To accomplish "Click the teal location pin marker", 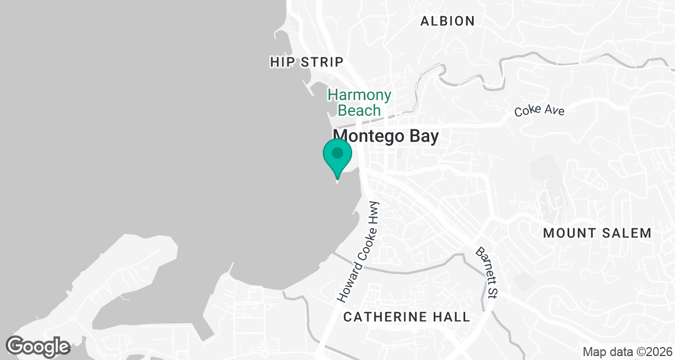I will [x=337, y=158].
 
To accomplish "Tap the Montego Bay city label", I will [x=385, y=137].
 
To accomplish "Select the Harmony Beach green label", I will [x=359, y=102].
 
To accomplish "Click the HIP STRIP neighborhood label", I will [x=306, y=62].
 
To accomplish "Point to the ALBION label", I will [x=448, y=21].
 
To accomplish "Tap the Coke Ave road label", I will [x=539, y=110].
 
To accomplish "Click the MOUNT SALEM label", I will [x=597, y=233].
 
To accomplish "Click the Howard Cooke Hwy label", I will [x=358, y=252].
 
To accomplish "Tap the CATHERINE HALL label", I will [x=407, y=317].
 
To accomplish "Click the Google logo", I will [x=38, y=346].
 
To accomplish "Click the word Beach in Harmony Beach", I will [x=359, y=110].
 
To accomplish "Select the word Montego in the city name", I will [x=363, y=137].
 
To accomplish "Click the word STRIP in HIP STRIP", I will [x=321, y=62].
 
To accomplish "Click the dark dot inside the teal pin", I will [x=337, y=152].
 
